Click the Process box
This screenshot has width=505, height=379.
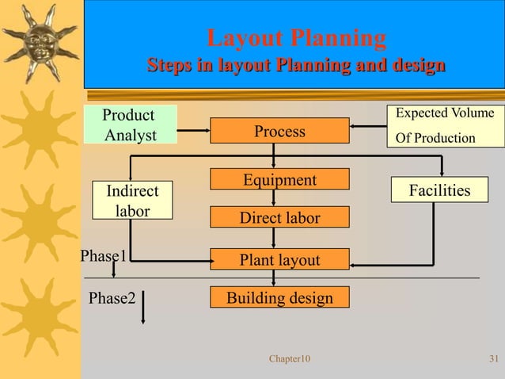[279, 132]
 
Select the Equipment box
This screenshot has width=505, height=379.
[279, 179]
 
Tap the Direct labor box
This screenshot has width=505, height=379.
[279, 217]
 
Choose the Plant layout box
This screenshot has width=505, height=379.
[279, 259]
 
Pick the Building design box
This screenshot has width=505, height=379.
[279, 297]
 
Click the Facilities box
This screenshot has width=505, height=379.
[439, 189]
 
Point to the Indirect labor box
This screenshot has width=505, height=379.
[132, 201]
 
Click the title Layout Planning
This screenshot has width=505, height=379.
[296, 37]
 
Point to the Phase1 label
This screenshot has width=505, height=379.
[104, 255]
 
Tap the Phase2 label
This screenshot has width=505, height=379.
[112, 298]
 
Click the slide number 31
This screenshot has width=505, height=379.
[493, 359]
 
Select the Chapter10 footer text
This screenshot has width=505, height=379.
[290, 359]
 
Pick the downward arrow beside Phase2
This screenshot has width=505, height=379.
[142, 310]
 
